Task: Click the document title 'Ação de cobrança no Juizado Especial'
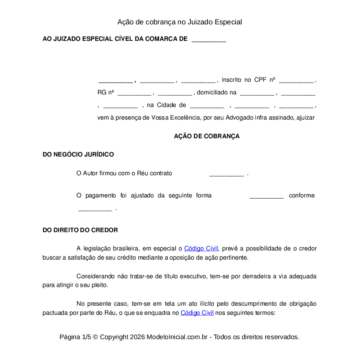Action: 180,22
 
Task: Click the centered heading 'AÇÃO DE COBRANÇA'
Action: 207,136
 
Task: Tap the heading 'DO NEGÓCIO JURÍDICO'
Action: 78,154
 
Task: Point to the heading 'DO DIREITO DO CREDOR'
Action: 80,230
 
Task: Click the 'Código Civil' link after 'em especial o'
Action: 201,249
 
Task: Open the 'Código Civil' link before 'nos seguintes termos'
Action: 197,313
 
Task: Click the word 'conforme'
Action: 302,196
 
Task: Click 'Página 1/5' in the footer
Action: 75,337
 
